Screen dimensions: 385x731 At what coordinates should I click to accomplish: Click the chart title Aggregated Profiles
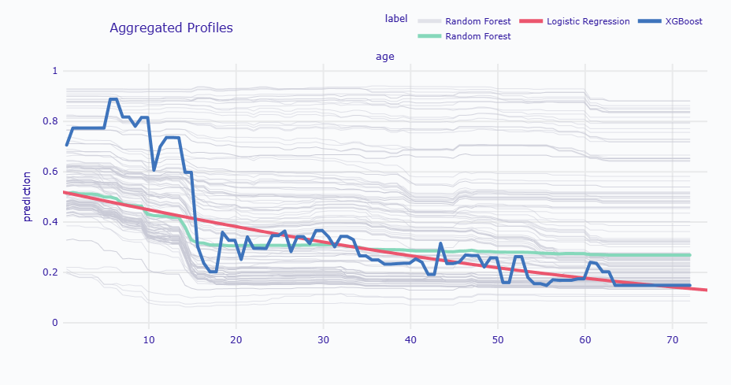(171, 28)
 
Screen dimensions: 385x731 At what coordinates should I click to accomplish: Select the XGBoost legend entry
(683, 21)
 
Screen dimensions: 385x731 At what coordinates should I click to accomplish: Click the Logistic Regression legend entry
(588, 21)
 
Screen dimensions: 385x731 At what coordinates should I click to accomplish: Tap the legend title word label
(396, 19)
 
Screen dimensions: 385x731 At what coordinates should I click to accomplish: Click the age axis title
(384, 57)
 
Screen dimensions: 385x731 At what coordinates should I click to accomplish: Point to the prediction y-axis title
(28, 197)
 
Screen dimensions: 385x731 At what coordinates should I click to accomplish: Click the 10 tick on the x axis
(149, 340)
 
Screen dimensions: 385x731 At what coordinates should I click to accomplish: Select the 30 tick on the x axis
(323, 340)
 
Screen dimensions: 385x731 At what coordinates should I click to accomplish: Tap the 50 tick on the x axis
(497, 340)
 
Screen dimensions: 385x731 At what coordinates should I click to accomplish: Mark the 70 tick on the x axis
(672, 340)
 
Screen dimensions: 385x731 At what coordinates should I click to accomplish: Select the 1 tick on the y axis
(55, 71)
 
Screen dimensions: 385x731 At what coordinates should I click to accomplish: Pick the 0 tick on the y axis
(55, 323)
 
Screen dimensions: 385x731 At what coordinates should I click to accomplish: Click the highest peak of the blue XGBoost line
(113, 99)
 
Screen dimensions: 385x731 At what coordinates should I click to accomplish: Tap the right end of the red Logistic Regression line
(707, 291)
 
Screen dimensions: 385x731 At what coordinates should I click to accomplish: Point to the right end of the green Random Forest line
(689, 255)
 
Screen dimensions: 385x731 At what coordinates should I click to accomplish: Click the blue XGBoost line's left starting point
(66, 145)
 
